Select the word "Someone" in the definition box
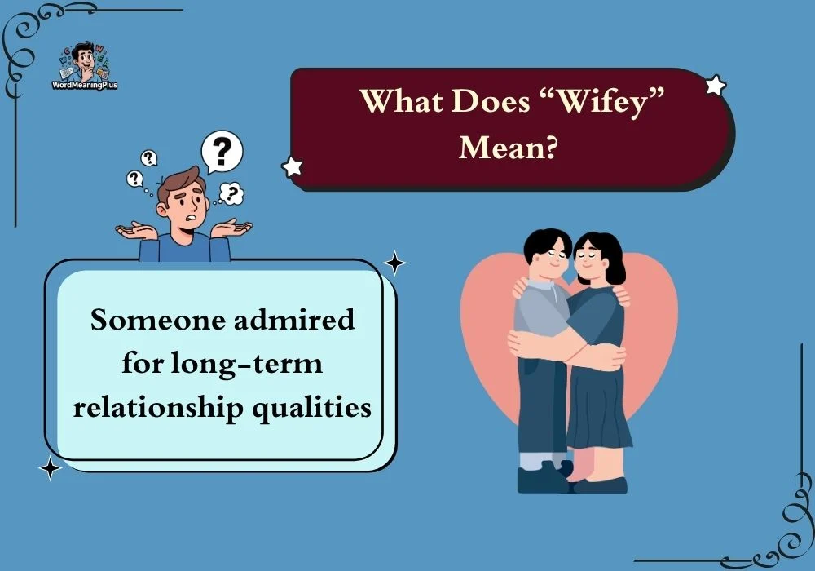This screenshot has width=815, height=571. (157, 319)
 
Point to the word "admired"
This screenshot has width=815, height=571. (294, 319)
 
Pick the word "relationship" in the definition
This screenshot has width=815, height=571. (158, 408)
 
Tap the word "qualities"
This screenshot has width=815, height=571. (312, 408)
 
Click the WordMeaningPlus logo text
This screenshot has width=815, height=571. (85, 85)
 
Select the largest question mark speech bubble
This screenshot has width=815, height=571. (222, 151)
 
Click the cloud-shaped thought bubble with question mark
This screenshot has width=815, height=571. (231, 193)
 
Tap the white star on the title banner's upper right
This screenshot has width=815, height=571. (716, 85)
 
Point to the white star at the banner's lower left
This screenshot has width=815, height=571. (292, 166)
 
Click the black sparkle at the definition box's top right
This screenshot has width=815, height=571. (394, 263)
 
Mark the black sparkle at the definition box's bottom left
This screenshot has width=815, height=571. (50, 468)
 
